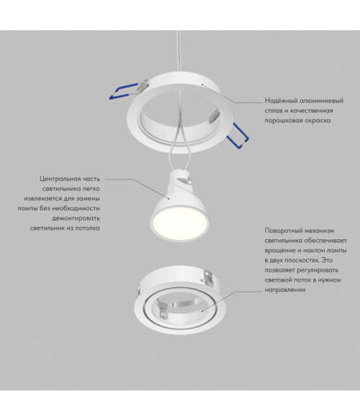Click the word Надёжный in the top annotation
(281, 101)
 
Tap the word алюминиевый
(321, 101)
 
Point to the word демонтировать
(76, 218)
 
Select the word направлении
(285, 290)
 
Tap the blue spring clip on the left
(123, 91)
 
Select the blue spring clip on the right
(238, 135)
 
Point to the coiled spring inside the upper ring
(214, 116)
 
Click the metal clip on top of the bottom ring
(207, 277)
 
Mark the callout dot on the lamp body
(169, 199)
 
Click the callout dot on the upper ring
(202, 84)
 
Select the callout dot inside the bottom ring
(202, 311)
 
